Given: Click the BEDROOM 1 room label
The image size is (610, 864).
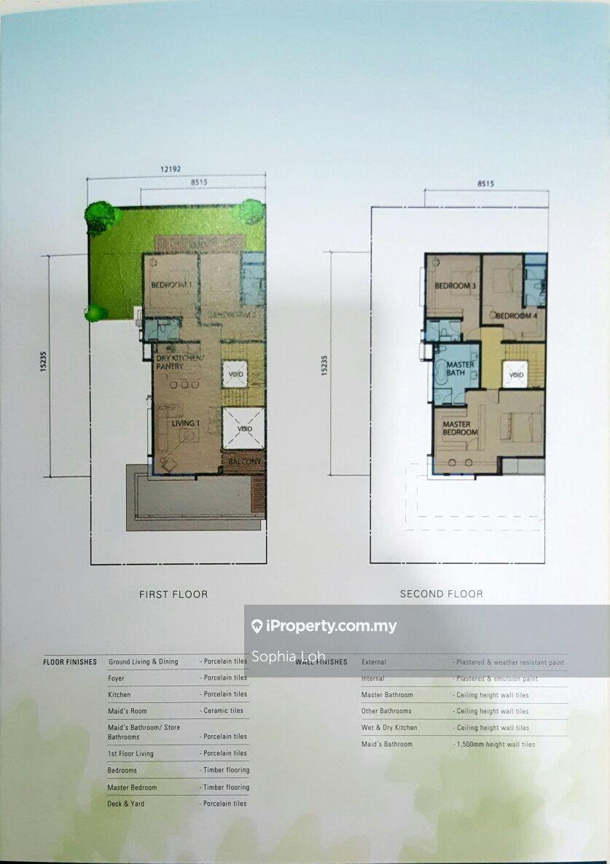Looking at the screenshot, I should pyautogui.click(x=172, y=285).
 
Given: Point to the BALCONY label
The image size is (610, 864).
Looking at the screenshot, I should pyautogui.click(x=244, y=462).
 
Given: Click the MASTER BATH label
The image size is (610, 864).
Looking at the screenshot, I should pyautogui.click(x=460, y=369).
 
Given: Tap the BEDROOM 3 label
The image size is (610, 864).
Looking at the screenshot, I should pyautogui.click(x=455, y=286).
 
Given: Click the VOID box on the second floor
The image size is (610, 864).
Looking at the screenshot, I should pyautogui.click(x=516, y=376).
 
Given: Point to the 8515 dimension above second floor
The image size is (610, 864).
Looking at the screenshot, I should pyautogui.click(x=485, y=184).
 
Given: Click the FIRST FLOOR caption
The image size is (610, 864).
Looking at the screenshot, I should pyautogui.click(x=173, y=594).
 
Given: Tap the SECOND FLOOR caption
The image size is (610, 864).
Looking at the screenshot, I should pyautogui.click(x=441, y=594).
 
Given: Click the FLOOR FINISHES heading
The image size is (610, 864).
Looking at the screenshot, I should pyautogui.click(x=70, y=662).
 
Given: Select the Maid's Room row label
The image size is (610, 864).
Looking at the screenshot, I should pyautogui.click(x=127, y=711).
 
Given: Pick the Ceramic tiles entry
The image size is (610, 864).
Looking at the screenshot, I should pyautogui.click(x=224, y=711).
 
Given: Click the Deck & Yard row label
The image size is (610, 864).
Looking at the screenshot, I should pyautogui.click(x=126, y=804).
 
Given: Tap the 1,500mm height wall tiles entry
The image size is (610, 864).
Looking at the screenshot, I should pyautogui.click(x=496, y=745).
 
